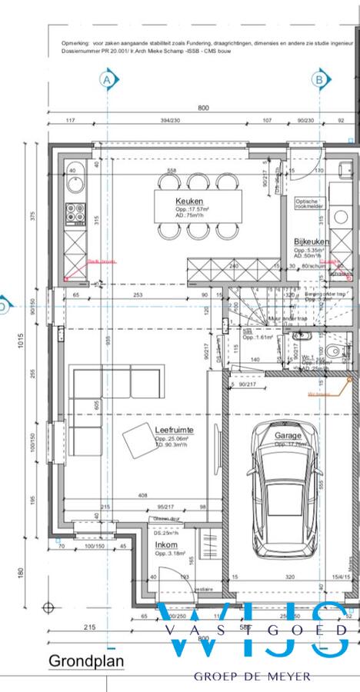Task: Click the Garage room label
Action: coord(288,434)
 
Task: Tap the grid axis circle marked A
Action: coord(107,78)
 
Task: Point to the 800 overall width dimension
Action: coord(203,108)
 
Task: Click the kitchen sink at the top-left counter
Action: coord(75,182)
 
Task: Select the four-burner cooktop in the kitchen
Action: coord(75,212)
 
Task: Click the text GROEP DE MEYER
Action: coord(252,676)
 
